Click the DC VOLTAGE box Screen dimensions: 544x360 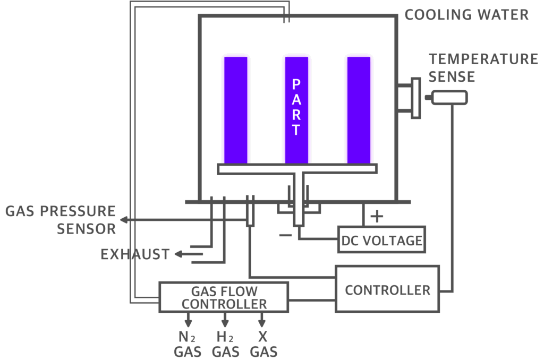[x=381, y=239]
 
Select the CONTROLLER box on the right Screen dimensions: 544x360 [x=387, y=289]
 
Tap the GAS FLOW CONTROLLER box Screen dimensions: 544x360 [x=224, y=297]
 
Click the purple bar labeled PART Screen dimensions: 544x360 [x=296, y=110]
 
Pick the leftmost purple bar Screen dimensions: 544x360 [x=236, y=110]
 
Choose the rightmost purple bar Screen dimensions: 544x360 [x=359, y=110]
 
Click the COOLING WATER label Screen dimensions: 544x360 [x=466, y=15]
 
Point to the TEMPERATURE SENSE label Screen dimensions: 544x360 [x=483, y=68]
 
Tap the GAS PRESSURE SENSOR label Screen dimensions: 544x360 [x=61, y=220]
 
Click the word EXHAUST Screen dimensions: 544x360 [x=135, y=254]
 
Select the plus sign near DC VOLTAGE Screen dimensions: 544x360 [x=377, y=217]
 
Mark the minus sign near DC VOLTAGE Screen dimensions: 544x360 [x=285, y=235]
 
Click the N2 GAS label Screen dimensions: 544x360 [x=188, y=344]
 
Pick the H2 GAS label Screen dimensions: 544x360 [x=225, y=344]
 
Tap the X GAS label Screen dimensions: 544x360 [x=263, y=344]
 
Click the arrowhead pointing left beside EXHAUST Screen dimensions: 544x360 [x=178, y=254]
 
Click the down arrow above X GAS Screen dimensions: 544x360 [x=262, y=320]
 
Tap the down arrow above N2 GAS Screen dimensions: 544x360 [x=188, y=320]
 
